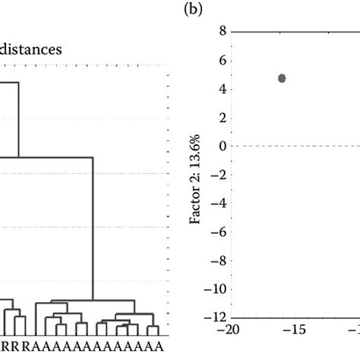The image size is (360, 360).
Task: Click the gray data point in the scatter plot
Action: coord(282,78)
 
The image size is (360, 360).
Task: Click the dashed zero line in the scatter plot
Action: coord(304,146)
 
